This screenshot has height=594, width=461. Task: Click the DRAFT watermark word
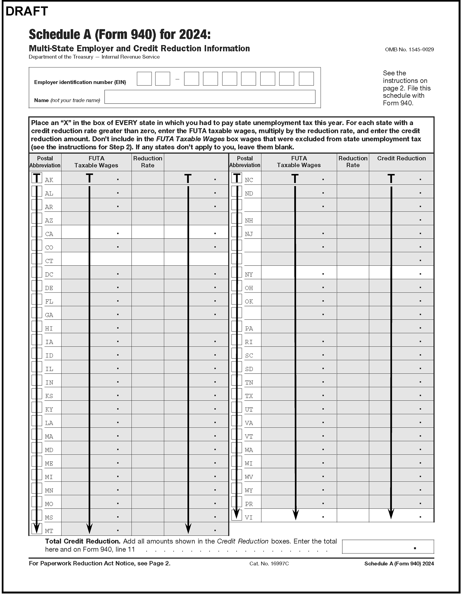(x=27, y=11)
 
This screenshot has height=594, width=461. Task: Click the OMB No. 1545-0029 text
(x=409, y=49)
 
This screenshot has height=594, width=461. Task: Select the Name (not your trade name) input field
(x=209, y=97)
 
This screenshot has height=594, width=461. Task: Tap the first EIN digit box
(x=144, y=79)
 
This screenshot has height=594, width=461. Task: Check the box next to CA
(x=37, y=232)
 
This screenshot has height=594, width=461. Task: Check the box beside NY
(x=236, y=272)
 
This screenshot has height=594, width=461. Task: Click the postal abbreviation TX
(x=249, y=396)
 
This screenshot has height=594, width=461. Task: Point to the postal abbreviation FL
(x=49, y=302)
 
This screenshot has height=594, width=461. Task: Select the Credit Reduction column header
(x=401, y=158)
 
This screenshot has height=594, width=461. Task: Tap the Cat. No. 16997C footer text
(x=269, y=564)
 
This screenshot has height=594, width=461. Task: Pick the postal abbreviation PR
(x=249, y=504)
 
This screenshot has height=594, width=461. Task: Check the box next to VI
(x=236, y=515)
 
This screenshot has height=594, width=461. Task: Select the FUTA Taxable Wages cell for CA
(x=96, y=232)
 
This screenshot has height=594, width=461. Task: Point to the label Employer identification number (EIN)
(x=80, y=82)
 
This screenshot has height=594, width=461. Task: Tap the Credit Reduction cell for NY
(x=401, y=272)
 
